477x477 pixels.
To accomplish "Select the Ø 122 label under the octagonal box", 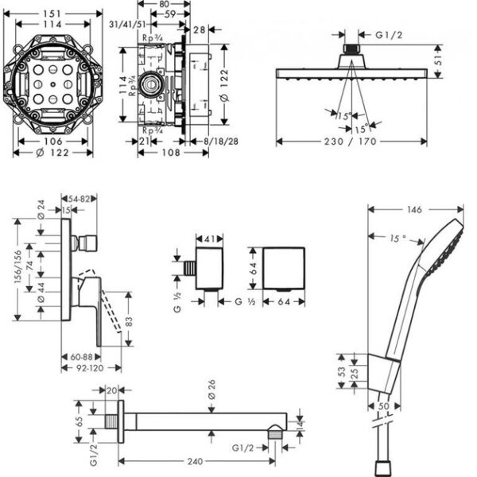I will [52, 152].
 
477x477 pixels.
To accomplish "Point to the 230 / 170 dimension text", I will [355, 143].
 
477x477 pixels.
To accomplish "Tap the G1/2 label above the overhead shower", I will [390, 35].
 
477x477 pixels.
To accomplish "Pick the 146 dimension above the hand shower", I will [412, 211].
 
